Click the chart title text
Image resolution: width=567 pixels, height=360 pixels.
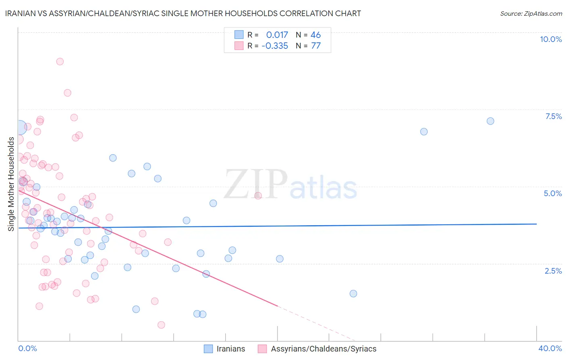pos(183,13)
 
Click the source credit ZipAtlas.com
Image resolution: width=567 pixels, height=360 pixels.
pos(531,13)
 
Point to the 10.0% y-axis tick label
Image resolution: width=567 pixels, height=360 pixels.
pos(550,39)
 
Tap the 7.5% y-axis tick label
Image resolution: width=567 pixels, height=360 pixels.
pos(553,116)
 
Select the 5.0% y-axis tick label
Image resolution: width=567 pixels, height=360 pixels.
pos(552,193)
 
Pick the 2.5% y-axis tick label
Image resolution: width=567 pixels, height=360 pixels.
pos(553,271)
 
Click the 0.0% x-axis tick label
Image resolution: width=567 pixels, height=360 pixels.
pos(27,348)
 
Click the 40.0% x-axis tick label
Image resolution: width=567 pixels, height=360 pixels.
pos(550,348)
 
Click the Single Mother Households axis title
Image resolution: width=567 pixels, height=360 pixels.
pos(11,184)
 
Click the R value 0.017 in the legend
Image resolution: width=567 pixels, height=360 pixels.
pos(277,35)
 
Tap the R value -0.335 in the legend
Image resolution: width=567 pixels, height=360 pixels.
pos(275,46)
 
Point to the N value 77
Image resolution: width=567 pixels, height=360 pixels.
pos(316,46)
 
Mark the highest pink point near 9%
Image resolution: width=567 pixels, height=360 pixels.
pos(60,61)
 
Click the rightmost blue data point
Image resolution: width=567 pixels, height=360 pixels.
pos(490,121)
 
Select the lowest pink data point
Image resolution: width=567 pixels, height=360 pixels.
pos(161,325)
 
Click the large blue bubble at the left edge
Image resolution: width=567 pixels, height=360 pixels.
pos(19,128)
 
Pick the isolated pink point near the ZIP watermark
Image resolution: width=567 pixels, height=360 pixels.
pos(258,196)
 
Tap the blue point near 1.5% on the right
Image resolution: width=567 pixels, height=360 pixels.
pos(353,293)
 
